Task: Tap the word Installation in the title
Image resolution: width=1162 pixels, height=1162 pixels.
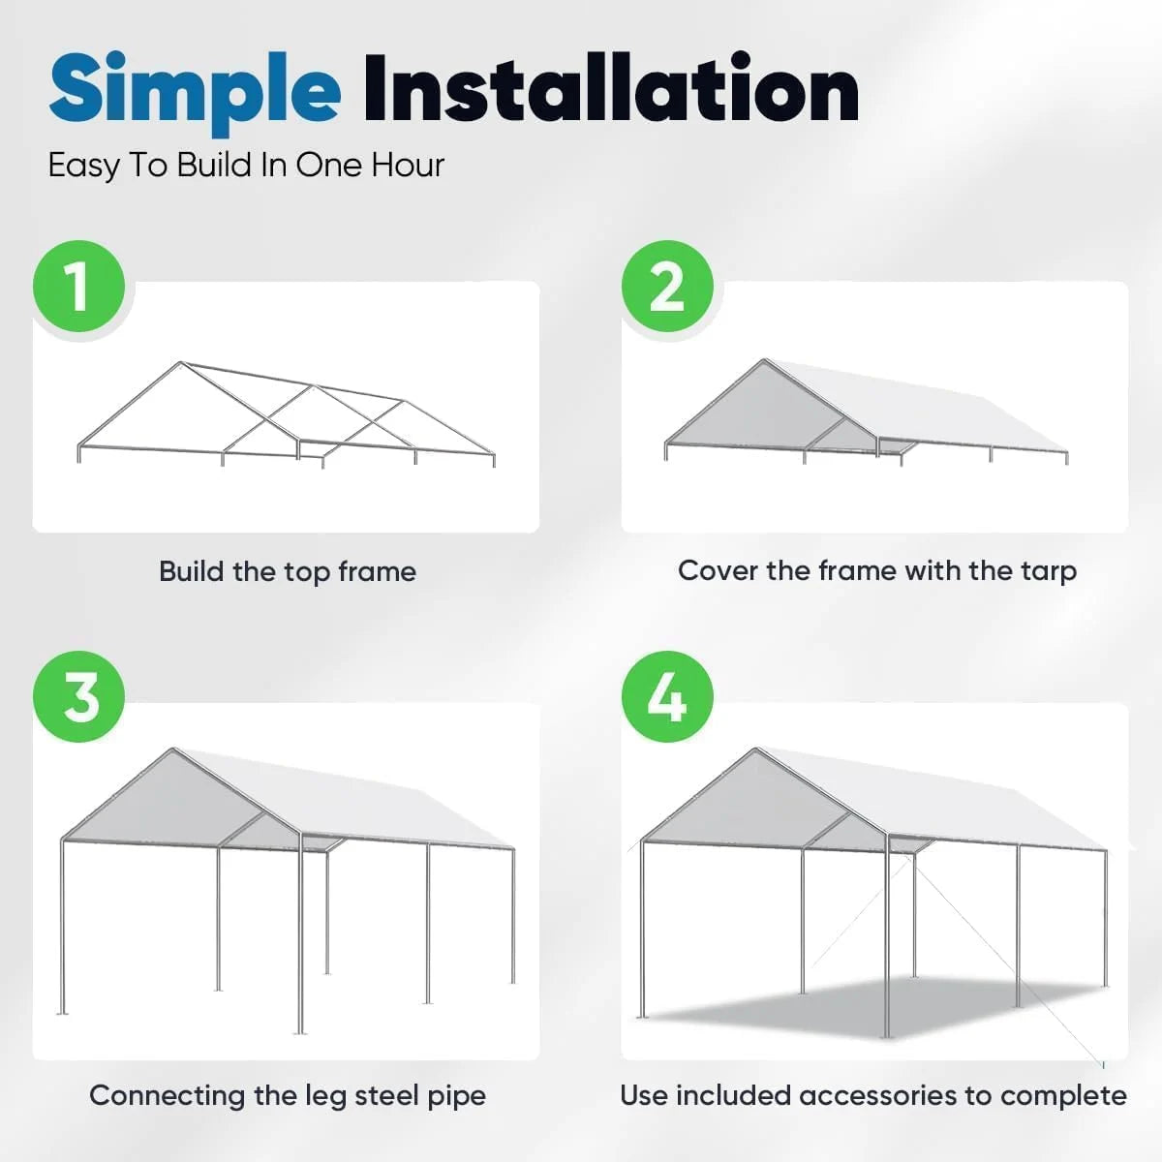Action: pos(610,90)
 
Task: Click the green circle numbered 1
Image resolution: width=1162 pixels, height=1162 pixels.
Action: pos(79,287)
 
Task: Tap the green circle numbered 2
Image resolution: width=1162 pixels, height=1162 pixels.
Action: pos(667,287)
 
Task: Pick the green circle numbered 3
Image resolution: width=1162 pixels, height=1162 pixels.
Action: pos(79,697)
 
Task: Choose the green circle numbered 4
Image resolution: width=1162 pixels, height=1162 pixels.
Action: pos(667,697)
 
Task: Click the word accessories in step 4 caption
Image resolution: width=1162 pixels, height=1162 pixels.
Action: pos(879,1095)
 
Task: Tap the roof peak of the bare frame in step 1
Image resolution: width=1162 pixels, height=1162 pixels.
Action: pos(181,364)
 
